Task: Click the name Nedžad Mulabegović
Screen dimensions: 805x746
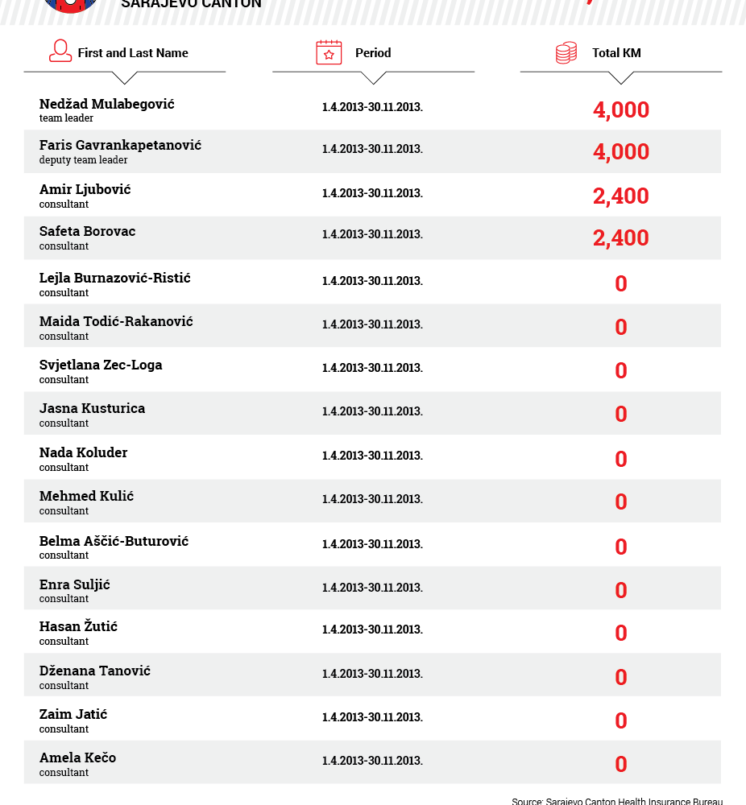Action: coord(106,104)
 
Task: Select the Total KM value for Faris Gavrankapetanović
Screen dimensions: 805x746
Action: coord(620,152)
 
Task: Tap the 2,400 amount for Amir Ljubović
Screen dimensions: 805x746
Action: coord(620,196)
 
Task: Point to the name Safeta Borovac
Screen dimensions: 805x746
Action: coord(87,231)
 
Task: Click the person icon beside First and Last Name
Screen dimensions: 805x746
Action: coord(60,52)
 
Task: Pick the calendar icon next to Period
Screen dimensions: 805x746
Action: coord(329,52)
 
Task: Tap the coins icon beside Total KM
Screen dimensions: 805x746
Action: coord(566,53)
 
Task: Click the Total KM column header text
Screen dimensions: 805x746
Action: coord(616,53)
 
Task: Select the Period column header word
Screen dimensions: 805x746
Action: coord(373,53)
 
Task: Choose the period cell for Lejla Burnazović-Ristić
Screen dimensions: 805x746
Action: coord(372,281)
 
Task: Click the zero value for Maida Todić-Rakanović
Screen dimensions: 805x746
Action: coord(620,327)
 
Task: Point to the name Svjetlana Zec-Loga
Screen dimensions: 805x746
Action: coord(101,365)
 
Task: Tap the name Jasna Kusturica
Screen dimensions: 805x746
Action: coord(92,408)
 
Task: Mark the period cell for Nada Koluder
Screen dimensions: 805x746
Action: coord(372,456)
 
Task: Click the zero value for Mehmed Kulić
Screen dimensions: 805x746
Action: coord(620,502)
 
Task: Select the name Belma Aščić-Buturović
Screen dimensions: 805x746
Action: coord(114,541)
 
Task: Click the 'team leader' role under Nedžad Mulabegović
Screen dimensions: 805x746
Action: coord(66,118)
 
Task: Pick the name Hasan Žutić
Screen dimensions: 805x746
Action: coord(78,626)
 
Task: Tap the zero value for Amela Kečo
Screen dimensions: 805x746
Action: coord(620,764)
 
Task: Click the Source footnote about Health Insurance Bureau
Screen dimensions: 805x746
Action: coord(617,801)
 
